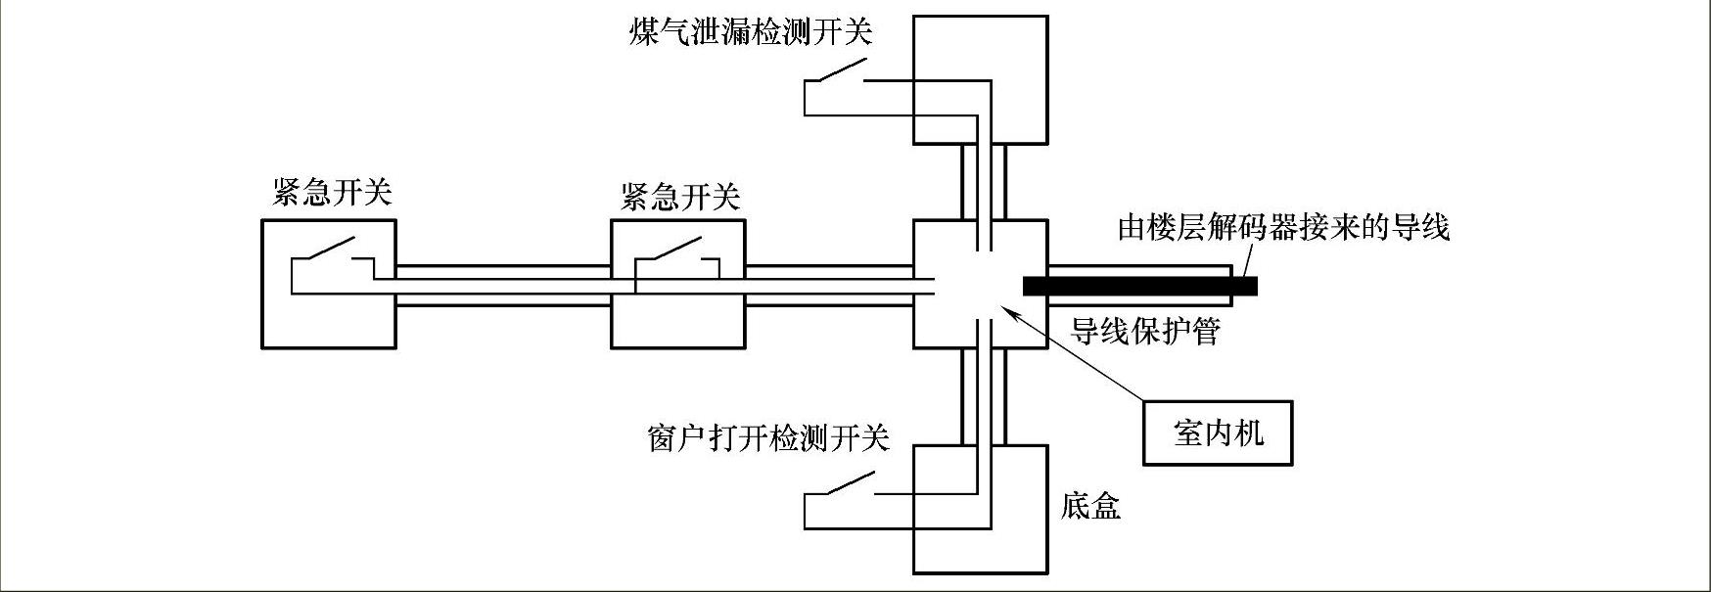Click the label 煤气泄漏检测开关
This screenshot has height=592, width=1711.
750,32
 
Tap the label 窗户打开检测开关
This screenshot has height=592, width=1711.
768,437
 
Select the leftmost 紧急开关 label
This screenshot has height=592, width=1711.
332,192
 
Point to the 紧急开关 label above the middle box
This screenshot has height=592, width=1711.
680,197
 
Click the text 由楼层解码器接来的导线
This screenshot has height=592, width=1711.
1283,228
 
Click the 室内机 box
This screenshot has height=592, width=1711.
1218,433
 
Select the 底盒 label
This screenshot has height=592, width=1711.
1090,506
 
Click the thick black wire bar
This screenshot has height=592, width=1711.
1139,286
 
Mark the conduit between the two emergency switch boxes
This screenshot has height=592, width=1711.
503,285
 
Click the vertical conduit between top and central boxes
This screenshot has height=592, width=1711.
984,182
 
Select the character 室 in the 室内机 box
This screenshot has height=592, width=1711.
1188,433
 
